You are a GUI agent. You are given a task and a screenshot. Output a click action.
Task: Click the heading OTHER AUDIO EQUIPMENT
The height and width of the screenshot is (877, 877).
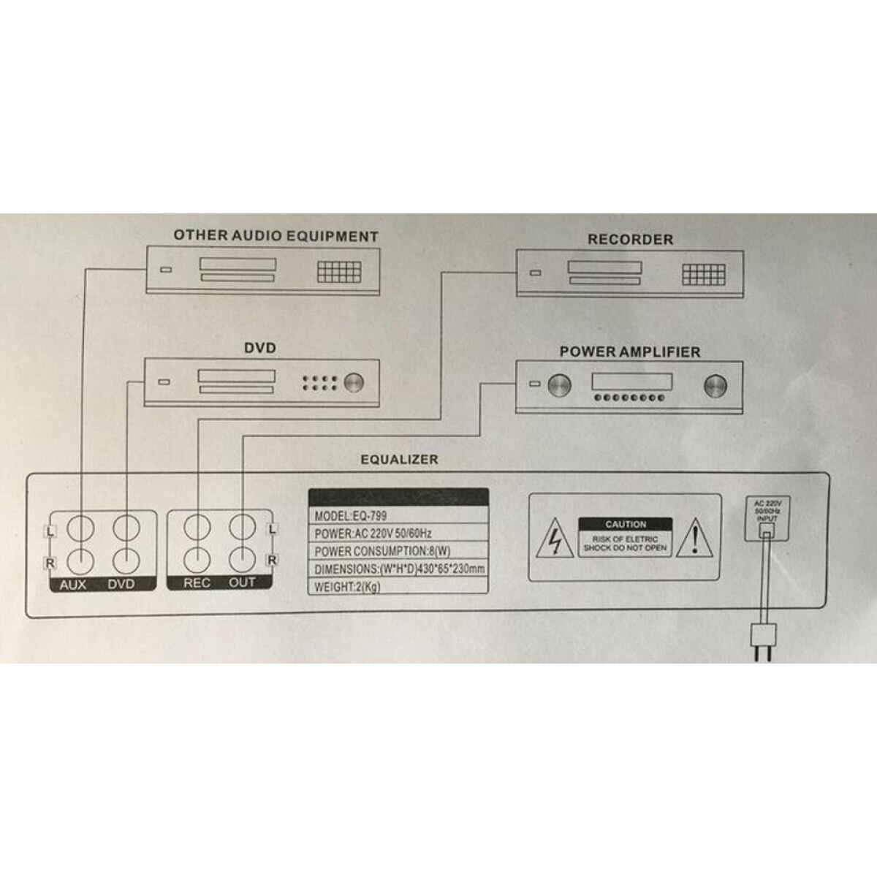click(276, 236)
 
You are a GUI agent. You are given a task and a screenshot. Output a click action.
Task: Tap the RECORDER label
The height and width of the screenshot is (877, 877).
click(630, 239)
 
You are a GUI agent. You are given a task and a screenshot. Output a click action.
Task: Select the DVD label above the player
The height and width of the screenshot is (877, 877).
click(260, 348)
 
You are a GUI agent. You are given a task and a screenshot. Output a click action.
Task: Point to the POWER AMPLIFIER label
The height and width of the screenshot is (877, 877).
click(629, 352)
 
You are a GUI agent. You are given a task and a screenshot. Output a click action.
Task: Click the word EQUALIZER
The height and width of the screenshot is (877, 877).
click(399, 460)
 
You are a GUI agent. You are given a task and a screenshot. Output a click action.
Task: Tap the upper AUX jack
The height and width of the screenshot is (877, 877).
click(80, 527)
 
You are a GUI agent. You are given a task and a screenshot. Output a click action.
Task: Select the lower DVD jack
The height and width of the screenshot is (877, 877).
click(126, 559)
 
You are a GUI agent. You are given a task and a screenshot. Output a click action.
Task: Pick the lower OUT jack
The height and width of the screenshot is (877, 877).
click(243, 559)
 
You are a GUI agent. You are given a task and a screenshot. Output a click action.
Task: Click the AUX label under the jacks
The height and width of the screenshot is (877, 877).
click(73, 585)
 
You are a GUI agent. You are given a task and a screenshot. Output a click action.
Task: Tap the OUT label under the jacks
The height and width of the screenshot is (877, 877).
click(243, 583)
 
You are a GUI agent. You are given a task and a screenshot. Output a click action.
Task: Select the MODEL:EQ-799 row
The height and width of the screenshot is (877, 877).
click(398, 516)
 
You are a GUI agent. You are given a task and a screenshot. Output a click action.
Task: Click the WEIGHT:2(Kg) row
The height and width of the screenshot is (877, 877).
click(398, 586)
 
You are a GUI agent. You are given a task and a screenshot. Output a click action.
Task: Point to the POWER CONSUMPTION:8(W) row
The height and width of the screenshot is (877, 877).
click(398, 551)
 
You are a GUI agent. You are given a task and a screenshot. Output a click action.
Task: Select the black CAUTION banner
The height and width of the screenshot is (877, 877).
click(626, 524)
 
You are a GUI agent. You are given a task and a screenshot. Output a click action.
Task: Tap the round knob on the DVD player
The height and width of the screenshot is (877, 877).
click(354, 382)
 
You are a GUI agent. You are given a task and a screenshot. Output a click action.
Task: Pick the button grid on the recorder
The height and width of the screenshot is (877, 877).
click(704, 275)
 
